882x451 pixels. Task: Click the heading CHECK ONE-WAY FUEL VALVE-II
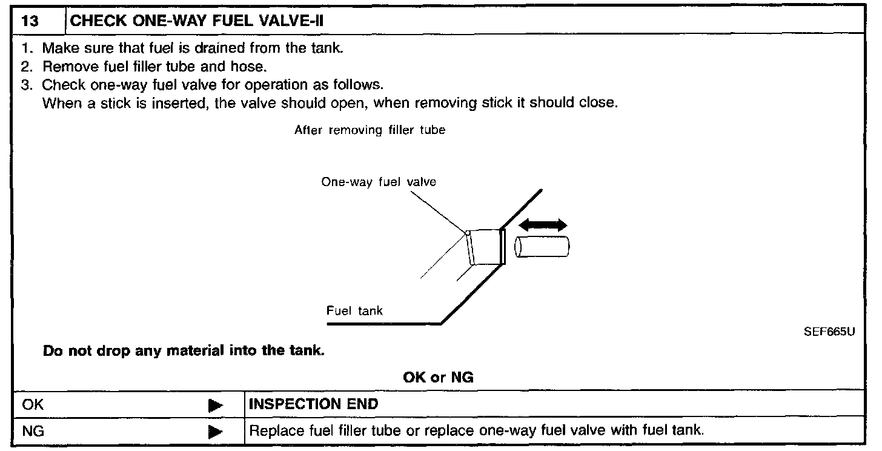coord(197,21)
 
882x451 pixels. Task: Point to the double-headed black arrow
coord(543,225)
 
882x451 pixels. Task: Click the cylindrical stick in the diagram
coord(542,247)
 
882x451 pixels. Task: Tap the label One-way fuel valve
coord(379,182)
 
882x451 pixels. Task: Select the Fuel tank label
coord(354,311)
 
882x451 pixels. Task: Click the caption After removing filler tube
coord(370,130)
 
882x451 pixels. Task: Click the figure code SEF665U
coord(829,332)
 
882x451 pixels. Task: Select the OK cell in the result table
coord(33,404)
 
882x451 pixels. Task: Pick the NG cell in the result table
coord(33,431)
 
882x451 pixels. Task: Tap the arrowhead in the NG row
coord(215,432)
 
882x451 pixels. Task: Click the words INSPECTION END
coord(314,404)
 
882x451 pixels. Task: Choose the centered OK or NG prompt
coord(438,377)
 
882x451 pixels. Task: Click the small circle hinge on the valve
coord(467,232)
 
